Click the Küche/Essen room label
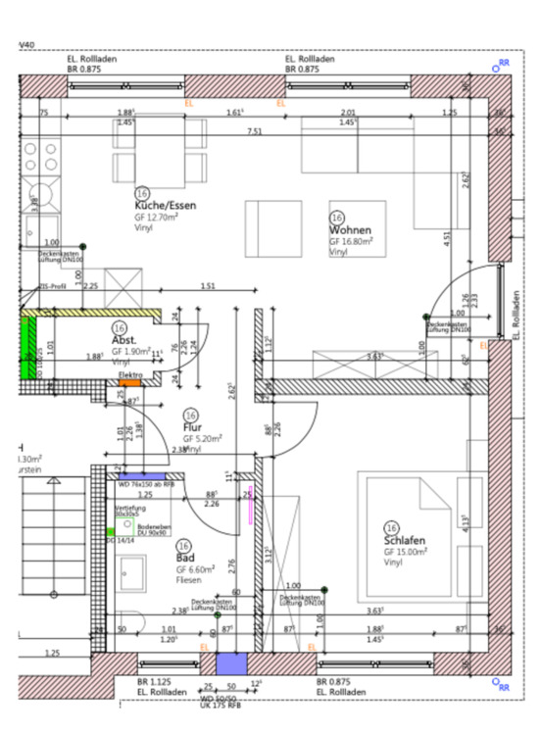[167, 206]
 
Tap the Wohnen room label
[350, 229]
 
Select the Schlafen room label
[404, 540]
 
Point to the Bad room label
[185, 557]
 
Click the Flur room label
[192, 426]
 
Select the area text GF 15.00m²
[406, 552]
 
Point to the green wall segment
[26, 348]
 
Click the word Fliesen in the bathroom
[191, 580]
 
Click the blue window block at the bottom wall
[226, 662]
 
